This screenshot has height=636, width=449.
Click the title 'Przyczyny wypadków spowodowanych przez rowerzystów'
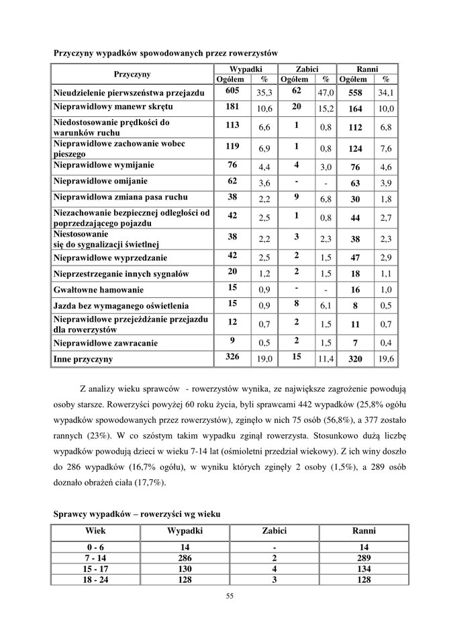165,52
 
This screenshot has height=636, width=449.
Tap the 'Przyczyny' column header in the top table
132,73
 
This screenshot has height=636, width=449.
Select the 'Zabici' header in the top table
307,69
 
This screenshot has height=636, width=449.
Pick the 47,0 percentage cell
326,91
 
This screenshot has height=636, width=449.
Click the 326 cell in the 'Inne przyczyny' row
232,358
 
